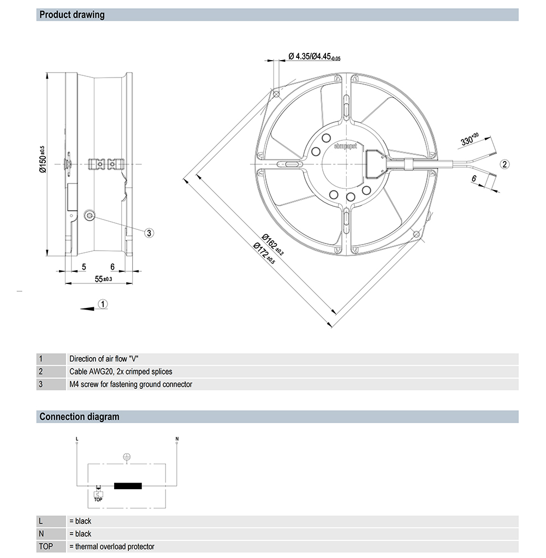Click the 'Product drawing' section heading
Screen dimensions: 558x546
[x=72, y=15]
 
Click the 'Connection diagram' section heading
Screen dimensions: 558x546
[x=79, y=417]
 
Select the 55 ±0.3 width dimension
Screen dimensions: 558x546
[x=103, y=279]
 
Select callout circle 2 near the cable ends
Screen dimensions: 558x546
[x=505, y=164]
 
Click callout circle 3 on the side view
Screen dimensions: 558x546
[x=149, y=233]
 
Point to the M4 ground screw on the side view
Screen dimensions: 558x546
[x=90, y=216]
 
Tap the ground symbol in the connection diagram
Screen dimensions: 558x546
[x=126, y=456]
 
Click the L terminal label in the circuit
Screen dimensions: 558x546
[x=77, y=438]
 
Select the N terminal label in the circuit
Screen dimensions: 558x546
[x=176, y=438]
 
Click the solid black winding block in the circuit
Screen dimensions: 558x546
[x=127, y=486]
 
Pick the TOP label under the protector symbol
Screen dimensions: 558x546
[x=98, y=498]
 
